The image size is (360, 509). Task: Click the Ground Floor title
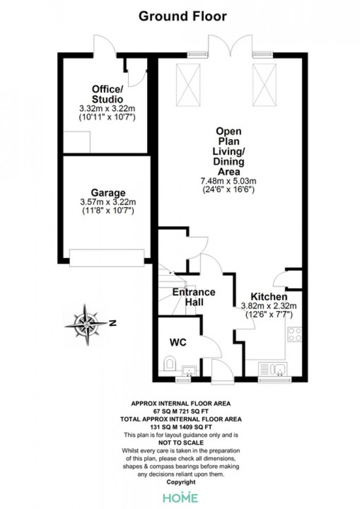(183, 16)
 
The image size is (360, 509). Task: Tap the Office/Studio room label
(107, 94)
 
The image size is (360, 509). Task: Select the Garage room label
(108, 193)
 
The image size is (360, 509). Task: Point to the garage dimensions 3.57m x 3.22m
(108, 202)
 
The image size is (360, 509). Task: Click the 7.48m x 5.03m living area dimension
(228, 181)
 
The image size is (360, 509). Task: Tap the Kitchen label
(269, 297)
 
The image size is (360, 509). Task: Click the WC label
(178, 342)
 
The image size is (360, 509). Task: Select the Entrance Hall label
(194, 297)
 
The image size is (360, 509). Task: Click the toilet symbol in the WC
(169, 363)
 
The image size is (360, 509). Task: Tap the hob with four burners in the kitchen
(294, 334)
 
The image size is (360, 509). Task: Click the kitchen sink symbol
(273, 369)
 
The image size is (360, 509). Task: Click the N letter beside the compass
(113, 323)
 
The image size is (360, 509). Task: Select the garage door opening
(107, 258)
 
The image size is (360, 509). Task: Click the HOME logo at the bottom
(180, 498)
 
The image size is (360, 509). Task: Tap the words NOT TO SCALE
(181, 443)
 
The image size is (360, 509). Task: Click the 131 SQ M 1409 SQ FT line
(181, 427)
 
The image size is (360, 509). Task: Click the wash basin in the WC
(189, 370)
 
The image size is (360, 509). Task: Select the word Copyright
(181, 482)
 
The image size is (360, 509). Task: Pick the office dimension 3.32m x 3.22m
(107, 108)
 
